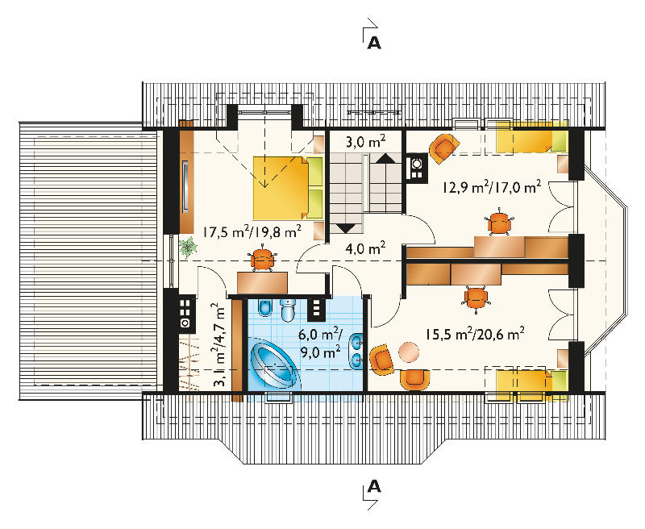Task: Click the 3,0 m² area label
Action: coord(365,142)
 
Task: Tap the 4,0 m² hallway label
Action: coord(365,248)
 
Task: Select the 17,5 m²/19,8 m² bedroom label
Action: coord(252,231)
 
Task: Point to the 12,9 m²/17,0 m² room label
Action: coord(492,187)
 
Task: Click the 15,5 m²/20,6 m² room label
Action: coord(475,333)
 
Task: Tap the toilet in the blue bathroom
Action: coord(288,310)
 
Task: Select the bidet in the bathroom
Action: coord(264,309)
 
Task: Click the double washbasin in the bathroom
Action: coord(356,351)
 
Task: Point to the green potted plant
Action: coord(188,247)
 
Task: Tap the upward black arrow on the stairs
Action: coord(385,158)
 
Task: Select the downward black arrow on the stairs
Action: coord(346,227)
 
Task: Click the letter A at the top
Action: coord(374,43)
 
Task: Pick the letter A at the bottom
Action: coord(374,486)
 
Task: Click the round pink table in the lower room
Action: coord(410,352)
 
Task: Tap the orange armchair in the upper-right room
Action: coord(444,148)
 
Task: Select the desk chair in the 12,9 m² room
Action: coord(500,223)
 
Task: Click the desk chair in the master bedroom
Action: coord(262,259)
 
